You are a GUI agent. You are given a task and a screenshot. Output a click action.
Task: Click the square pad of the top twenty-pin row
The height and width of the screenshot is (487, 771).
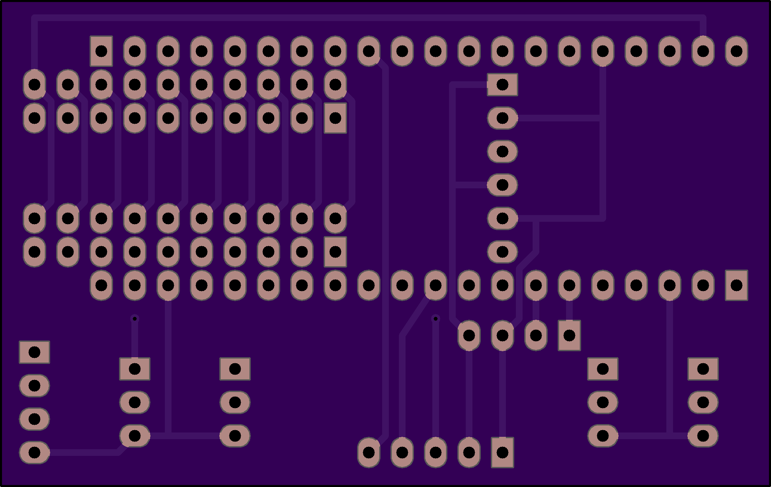click(x=101, y=51)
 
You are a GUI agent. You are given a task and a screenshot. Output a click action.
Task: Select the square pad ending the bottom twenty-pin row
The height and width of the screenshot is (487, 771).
click(x=736, y=285)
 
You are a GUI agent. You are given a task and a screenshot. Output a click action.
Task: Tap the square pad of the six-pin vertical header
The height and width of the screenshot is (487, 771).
click(x=502, y=85)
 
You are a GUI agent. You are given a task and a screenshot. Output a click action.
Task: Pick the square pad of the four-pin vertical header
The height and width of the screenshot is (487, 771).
click(x=34, y=352)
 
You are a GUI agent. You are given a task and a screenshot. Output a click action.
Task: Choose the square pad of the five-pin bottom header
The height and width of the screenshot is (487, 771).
click(x=502, y=452)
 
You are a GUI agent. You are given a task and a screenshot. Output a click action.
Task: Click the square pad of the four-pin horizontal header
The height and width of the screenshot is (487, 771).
click(x=569, y=335)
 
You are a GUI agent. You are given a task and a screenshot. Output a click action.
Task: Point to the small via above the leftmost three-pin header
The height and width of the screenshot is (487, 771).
click(x=135, y=319)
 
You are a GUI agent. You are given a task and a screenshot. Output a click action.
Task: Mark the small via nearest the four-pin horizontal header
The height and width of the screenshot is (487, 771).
click(x=435, y=319)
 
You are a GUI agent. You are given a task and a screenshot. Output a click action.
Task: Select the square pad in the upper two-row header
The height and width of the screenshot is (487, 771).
click(x=335, y=118)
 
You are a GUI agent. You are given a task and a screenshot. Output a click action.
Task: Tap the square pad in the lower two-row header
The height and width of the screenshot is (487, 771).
click(x=335, y=252)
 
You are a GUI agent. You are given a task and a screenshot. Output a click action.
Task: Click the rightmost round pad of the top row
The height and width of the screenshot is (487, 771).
click(x=736, y=51)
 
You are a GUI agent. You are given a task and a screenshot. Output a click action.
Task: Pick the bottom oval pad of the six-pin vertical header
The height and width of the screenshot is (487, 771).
click(x=502, y=252)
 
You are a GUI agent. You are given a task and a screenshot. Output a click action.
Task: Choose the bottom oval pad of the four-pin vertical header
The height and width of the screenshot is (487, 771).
click(x=34, y=452)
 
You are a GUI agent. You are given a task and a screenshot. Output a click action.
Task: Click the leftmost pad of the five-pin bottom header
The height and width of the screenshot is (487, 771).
click(x=368, y=452)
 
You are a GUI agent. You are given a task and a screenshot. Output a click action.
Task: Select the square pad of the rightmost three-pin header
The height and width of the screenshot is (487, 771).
click(x=703, y=369)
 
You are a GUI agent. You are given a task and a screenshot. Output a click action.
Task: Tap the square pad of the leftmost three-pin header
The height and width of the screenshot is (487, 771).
click(x=135, y=369)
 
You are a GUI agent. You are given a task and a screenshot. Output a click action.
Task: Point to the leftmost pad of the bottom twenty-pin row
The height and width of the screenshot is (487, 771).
click(x=101, y=285)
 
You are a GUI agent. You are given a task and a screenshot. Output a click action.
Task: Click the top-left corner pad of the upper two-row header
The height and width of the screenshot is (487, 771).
click(x=34, y=85)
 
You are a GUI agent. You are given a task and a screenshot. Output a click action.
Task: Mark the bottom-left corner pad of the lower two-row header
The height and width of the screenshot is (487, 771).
click(x=34, y=252)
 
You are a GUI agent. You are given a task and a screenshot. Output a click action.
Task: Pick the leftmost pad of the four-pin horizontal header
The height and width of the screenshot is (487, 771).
click(x=469, y=335)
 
